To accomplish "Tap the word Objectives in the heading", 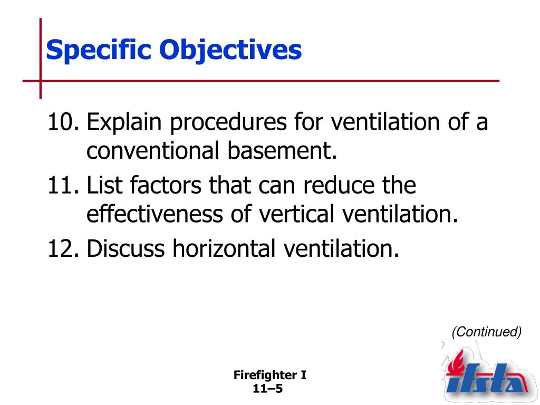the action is (230, 50).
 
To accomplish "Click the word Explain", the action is (124, 123).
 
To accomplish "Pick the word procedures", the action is (228, 123).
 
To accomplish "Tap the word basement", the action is (282, 150).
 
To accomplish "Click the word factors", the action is (166, 185).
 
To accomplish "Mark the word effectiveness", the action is (155, 214).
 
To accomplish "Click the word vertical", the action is (296, 214).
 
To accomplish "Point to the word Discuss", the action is (126, 248).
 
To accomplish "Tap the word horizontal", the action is (224, 248).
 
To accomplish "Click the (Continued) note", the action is (487, 332).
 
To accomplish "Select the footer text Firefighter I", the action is (269, 375).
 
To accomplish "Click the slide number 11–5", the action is (267, 389).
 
